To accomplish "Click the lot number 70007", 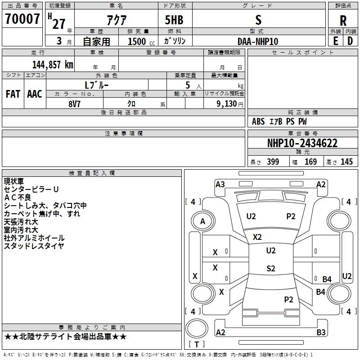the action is pyautogui.click(x=22, y=19).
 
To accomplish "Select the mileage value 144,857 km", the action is pyautogui.click(x=53, y=65).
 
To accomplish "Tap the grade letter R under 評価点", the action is pyautogui.click(x=343, y=21).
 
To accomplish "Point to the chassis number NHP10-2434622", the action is pyautogui.click(x=302, y=143).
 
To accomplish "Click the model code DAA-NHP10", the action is pyautogui.click(x=258, y=41).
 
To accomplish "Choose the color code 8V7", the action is pyautogui.click(x=74, y=104).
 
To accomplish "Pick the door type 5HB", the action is pyautogui.click(x=174, y=20).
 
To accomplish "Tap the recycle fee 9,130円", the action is pyautogui.click(x=230, y=104).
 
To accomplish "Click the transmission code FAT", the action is pyautogui.click(x=13, y=94).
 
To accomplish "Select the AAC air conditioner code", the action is pyautogui.click(x=35, y=94).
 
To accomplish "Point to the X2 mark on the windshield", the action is pyautogui.click(x=257, y=237).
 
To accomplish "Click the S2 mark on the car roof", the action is pyautogui.click(x=271, y=268).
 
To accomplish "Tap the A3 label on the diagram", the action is pyautogui.click(x=220, y=184).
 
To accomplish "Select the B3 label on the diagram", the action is pyautogui.click(x=321, y=332).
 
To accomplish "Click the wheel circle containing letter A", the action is pyautogui.click(x=203, y=221).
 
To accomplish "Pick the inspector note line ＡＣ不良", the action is pyautogui.click(x=18, y=198).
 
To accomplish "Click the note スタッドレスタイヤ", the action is pyautogui.click(x=34, y=246).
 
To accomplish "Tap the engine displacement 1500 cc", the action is pyautogui.click(x=141, y=41).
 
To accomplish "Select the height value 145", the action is pyautogui.click(x=346, y=162).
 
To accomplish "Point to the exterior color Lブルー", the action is pyautogui.click(x=97, y=85).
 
